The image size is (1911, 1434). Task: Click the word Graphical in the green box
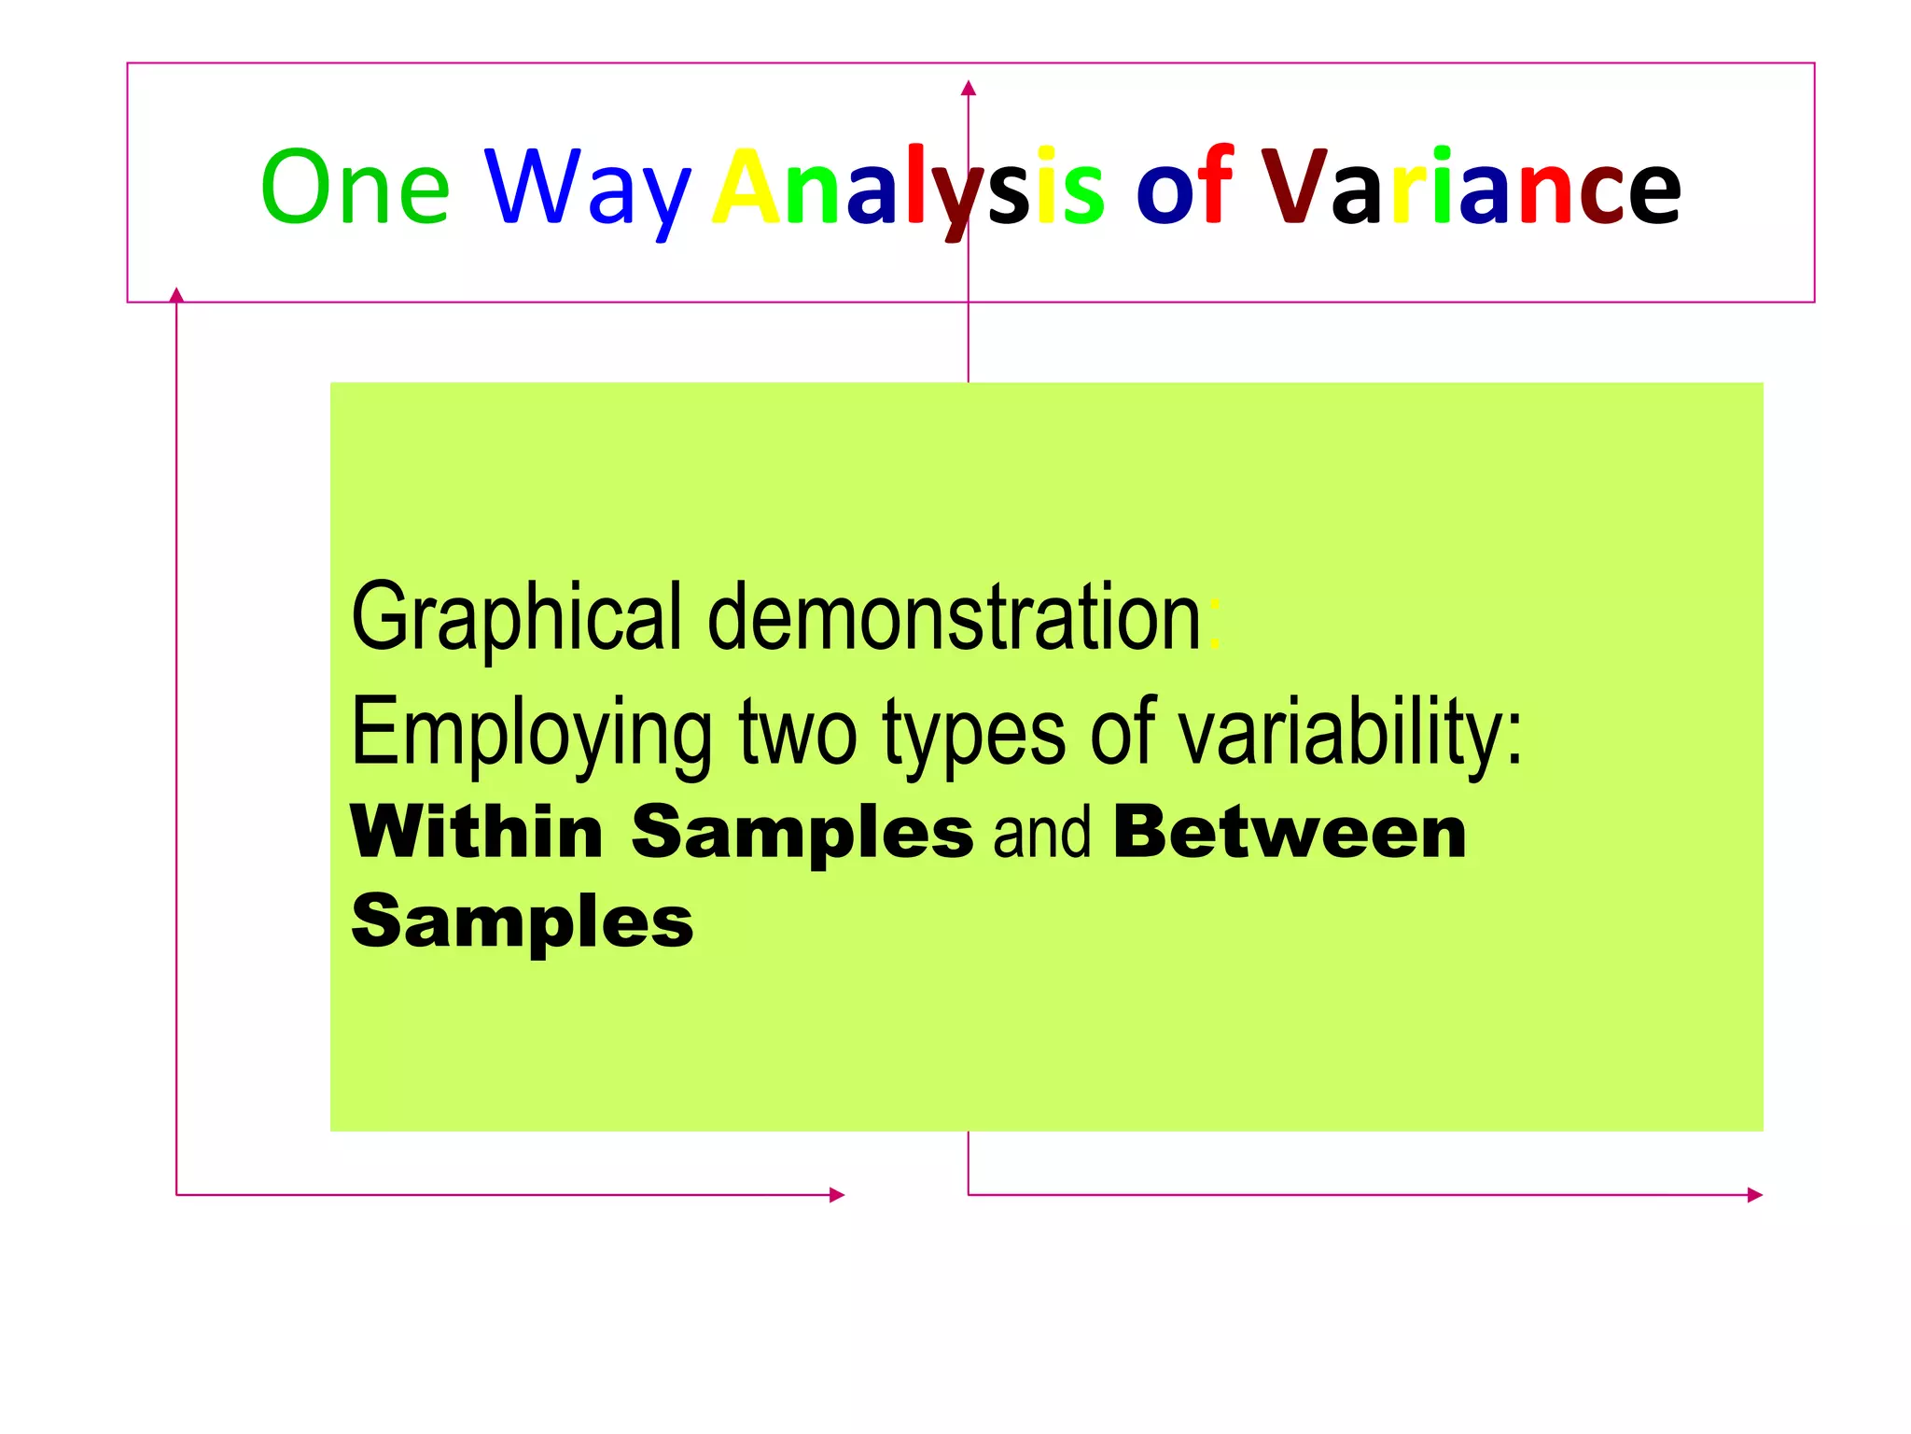pos(516,618)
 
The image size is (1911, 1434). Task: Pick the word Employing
pos(531,734)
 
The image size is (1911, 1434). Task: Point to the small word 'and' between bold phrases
pos(1041,833)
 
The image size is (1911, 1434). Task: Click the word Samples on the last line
pos(523,921)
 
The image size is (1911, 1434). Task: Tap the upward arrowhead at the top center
pos(969,89)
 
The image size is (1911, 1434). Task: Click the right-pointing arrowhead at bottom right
pos(1754,1195)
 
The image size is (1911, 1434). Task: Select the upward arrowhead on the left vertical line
pos(176,295)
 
